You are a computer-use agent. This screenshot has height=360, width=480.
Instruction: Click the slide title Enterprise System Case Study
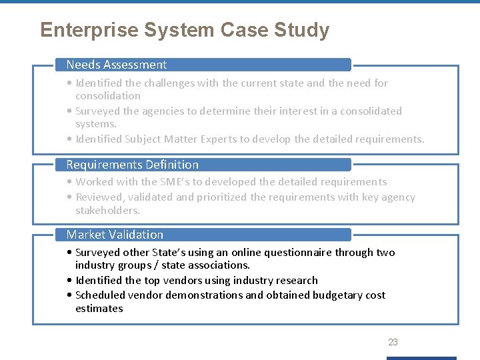[x=185, y=31]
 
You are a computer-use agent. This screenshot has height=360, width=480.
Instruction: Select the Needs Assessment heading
[x=117, y=65]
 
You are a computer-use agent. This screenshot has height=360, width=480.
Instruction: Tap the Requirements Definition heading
[x=132, y=165]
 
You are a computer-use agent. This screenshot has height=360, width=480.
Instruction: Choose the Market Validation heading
[x=115, y=235]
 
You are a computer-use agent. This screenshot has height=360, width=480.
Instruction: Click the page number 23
[x=393, y=342]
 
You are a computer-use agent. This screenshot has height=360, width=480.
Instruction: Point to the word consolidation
[x=108, y=96]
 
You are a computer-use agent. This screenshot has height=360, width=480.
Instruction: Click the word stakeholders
[x=108, y=211]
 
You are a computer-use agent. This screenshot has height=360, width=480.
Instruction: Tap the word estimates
[x=99, y=309]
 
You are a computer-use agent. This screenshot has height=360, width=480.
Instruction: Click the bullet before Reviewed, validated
[x=70, y=197]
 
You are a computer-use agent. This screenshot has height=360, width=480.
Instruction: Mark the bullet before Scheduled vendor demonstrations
[x=70, y=295]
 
